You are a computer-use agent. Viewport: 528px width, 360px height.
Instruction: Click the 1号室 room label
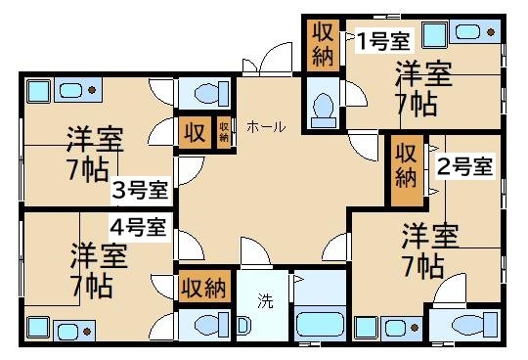click(x=382, y=40)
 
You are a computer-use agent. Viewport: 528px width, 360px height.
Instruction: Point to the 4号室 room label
click(x=138, y=227)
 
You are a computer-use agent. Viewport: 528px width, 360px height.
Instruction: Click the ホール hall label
click(x=266, y=127)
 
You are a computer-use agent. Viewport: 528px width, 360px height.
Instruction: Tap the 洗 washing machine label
click(x=265, y=300)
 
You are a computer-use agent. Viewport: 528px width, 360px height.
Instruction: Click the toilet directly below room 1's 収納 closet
click(x=320, y=105)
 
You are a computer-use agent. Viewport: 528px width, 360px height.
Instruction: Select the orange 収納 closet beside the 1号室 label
click(x=322, y=43)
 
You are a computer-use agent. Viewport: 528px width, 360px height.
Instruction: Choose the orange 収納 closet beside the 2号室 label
click(x=405, y=163)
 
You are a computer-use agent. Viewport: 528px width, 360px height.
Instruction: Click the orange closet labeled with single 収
click(x=194, y=132)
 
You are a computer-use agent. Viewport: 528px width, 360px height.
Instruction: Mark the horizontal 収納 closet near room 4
click(x=204, y=288)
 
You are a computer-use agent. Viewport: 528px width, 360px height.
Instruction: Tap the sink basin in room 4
click(x=39, y=327)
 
